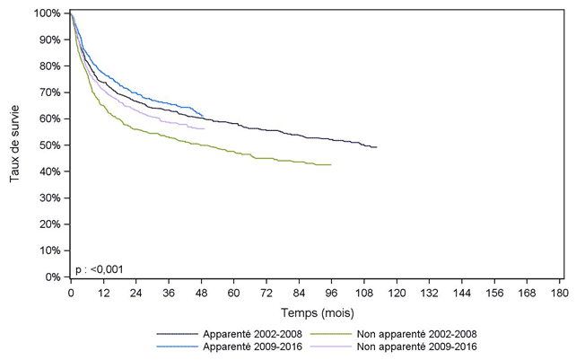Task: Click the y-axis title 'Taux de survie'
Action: [15, 145]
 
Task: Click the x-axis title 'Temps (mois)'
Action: [318, 313]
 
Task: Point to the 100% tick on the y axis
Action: [52, 13]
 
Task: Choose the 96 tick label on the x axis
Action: [331, 293]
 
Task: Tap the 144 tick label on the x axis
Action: [461, 293]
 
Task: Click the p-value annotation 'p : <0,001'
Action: [99, 268]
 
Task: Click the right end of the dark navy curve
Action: [377, 147]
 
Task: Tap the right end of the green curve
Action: [331, 165]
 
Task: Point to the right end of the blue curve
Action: [203, 116]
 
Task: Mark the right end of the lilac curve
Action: [205, 129]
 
